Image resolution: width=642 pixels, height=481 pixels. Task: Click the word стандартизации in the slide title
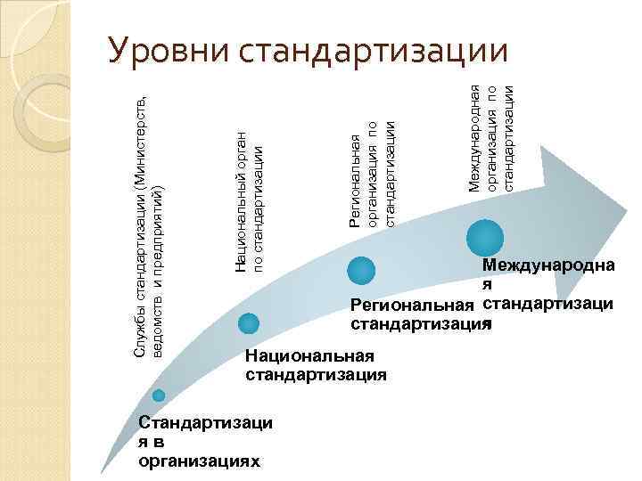tap(374, 51)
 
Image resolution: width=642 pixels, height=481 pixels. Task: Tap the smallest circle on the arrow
tap(159, 395)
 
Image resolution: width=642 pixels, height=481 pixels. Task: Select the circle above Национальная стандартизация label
tap(250, 323)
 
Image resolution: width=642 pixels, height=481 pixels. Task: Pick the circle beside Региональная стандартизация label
tap(361, 270)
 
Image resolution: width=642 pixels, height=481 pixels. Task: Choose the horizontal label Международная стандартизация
tap(546, 283)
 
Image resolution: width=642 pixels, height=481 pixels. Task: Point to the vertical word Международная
tap(475, 135)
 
